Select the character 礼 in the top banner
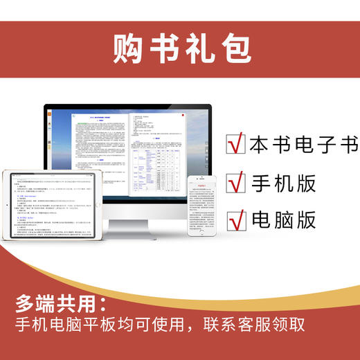(197, 48)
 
